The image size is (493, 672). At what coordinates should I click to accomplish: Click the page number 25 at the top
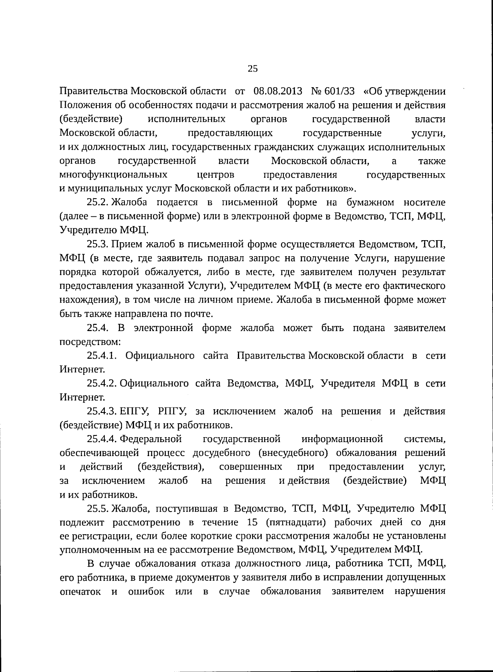tap(253, 69)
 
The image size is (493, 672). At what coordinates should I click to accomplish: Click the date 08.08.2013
tap(278, 91)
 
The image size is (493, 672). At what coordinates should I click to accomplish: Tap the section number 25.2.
tap(97, 202)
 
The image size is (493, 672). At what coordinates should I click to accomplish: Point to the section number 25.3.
tap(97, 244)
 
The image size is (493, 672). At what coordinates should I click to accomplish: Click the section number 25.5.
tap(97, 509)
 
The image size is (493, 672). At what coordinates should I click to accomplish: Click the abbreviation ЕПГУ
tap(132, 412)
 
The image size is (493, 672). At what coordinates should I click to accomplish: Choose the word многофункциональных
tap(113, 175)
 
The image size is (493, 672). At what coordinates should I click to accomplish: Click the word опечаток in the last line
tap(80, 592)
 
